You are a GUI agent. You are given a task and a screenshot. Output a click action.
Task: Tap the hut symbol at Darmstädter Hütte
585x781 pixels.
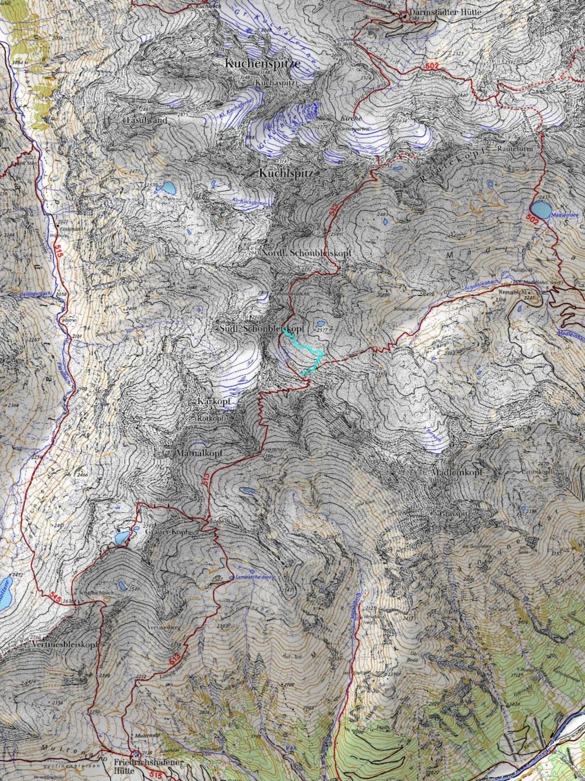pyautogui.click(x=404, y=16)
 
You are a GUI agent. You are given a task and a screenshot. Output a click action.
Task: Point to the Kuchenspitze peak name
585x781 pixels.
pyautogui.click(x=262, y=63)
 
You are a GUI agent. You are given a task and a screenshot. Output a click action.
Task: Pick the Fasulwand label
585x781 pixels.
pyautogui.click(x=146, y=120)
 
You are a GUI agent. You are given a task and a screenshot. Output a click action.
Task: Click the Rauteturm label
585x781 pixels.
pyautogui.click(x=515, y=149)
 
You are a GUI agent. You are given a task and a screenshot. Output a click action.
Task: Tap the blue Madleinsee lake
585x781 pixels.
pyautogui.click(x=541, y=210)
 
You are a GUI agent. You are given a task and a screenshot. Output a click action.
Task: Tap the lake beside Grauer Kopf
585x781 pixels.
pyautogui.click(x=121, y=537)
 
